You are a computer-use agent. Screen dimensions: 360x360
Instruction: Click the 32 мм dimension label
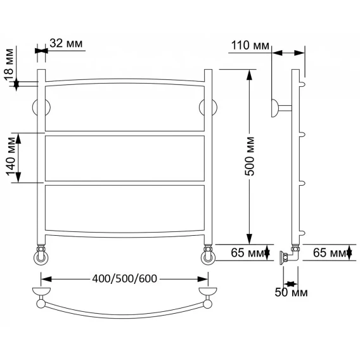(x=66, y=43)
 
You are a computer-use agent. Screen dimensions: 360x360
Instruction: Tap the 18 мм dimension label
(x=9, y=65)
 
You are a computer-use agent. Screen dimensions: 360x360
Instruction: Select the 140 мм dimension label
(x=11, y=157)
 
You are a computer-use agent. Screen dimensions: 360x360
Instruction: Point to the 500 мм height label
(x=250, y=157)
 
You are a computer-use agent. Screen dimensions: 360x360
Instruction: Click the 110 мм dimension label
(x=250, y=45)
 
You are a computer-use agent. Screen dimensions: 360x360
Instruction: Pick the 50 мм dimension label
(x=291, y=292)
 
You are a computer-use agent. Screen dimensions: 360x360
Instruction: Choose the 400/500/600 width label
(x=124, y=278)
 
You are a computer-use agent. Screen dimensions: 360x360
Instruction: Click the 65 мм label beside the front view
(x=247, y=253)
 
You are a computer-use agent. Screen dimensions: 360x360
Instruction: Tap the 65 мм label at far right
(x=330, y=253)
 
